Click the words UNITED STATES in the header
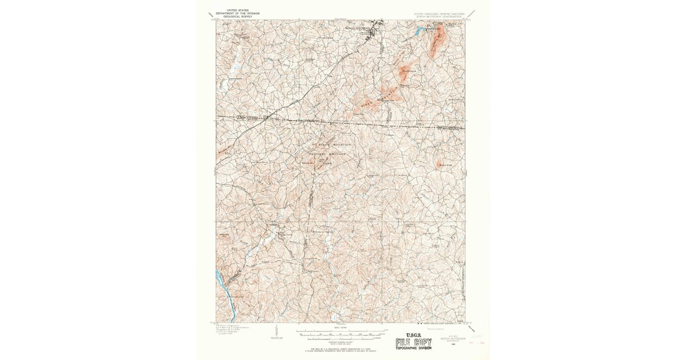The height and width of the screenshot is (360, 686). [238, 10]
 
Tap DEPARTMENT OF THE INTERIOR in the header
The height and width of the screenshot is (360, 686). [238, 14]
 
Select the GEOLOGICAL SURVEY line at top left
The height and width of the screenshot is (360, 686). [238, 17]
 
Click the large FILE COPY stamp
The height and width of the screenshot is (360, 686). [414, 343]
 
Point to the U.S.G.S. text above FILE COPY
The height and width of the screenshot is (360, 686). [414, 335]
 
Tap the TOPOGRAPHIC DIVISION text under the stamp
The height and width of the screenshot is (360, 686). [414, 349]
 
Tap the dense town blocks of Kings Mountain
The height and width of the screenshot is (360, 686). [374, 29]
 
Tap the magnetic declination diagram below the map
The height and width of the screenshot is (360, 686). [276, 331]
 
